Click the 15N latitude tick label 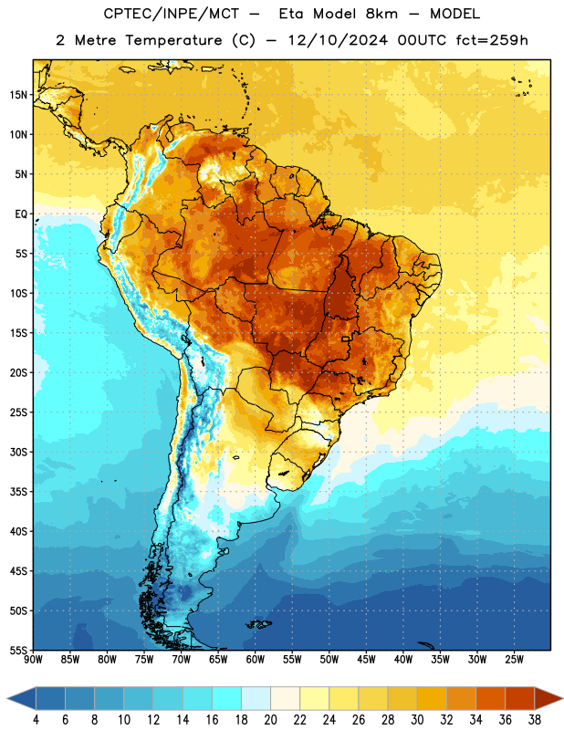18,95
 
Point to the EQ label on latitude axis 21,214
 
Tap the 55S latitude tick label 18,650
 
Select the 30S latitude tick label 18,452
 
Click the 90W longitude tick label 33,660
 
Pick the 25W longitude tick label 514,660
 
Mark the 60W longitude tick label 256,660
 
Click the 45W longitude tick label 366,660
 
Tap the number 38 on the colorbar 535,720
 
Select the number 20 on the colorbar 270,720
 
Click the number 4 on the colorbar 36,720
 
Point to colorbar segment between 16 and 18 227,698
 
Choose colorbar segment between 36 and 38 520,698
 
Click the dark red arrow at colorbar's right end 548,698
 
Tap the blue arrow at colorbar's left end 22,698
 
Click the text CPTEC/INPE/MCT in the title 172,14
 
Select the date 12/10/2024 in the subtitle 338,40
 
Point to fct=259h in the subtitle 492,40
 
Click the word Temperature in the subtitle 173,40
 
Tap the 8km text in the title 381,14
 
